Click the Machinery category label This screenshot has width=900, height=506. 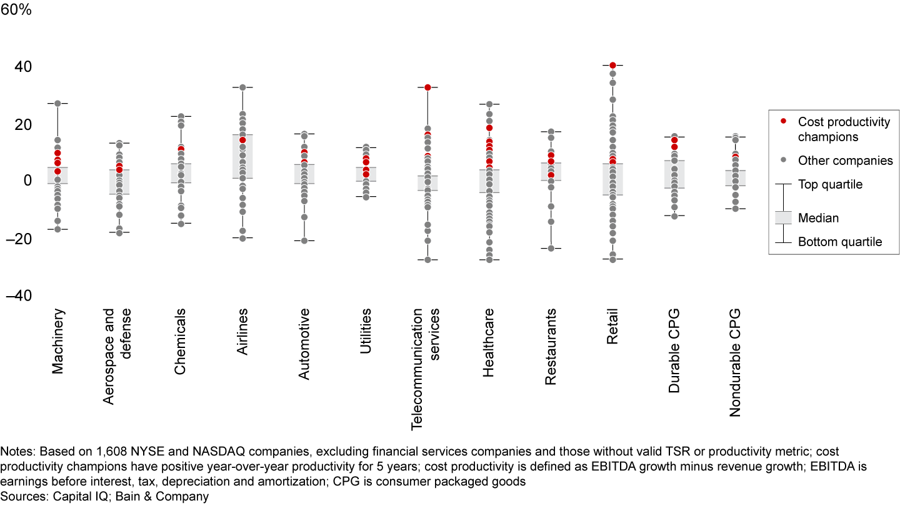58,341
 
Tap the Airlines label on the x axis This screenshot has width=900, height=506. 242,332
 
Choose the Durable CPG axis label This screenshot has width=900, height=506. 674,350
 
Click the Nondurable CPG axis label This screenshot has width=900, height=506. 735,362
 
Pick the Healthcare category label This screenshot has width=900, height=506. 489,342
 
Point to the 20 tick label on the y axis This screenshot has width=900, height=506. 23,124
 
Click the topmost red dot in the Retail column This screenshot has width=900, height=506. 612,65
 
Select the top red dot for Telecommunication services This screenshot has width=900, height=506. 427,87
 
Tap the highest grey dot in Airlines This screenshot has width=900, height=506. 242,87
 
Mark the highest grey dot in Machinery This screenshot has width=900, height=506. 57,103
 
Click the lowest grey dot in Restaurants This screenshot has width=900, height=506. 551,248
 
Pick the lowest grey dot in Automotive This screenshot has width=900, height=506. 304,241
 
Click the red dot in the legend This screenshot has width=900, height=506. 783,121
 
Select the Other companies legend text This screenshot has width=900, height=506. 846,161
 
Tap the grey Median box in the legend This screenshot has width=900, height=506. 783,217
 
